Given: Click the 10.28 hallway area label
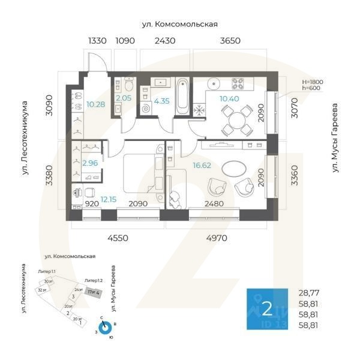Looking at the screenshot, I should click(96, 104).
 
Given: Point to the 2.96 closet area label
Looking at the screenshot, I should click(90, 163).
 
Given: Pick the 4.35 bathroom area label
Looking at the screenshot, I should click(161, 101).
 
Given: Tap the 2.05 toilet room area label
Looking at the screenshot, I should click(123, 98).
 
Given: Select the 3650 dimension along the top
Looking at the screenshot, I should click(230, 41).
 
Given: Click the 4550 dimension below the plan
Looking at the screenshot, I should click(118, 238).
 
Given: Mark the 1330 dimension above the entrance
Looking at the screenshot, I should click(97, 41).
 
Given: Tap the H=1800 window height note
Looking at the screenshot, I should click(313, 82).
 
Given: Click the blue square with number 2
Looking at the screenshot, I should click(268, 308).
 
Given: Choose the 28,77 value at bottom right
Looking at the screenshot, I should click(310, 293).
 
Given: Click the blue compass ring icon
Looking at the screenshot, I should click(106, 327).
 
